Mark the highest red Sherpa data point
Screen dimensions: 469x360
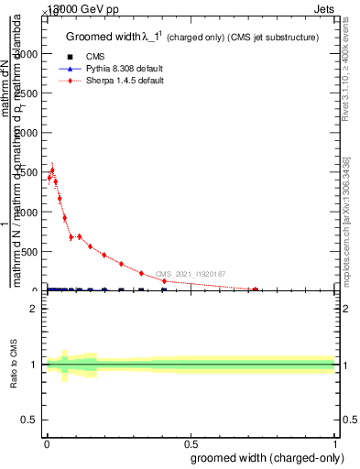(x=52, y=170)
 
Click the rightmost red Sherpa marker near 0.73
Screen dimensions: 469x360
(x=255, y=289)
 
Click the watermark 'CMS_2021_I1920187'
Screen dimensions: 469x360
(x=190, y=274)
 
